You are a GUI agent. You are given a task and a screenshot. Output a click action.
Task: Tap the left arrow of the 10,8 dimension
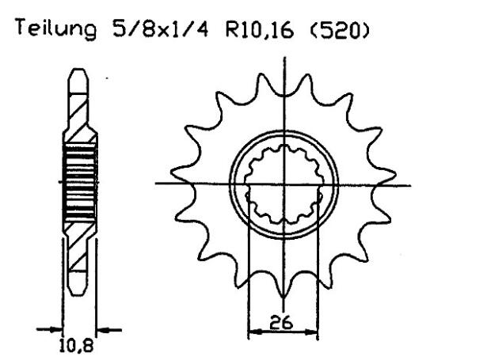(x=55, y=328)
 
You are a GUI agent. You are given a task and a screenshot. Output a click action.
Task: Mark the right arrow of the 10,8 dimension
(x=102, y=328)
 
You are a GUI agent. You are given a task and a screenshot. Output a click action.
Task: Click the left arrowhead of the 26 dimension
(x=253, y=334)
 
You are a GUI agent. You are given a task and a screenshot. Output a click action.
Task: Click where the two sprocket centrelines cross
(x=283, y=184)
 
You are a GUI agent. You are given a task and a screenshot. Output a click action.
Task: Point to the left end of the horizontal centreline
(x=156, y=184)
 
